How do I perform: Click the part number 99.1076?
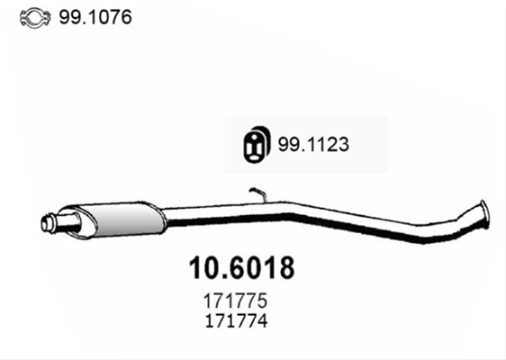pyautogui.click(x=95, y=17)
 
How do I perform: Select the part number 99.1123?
pyautogui.click(x=313, y=144)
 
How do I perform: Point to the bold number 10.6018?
pyautogui.click(x=241, y=267)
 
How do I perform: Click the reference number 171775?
pyautogui.click(x=235, y=301)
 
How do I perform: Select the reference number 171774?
pyautogui.click(x=236, y=320)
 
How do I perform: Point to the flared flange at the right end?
pyautogui.click(x=483, y=214)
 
